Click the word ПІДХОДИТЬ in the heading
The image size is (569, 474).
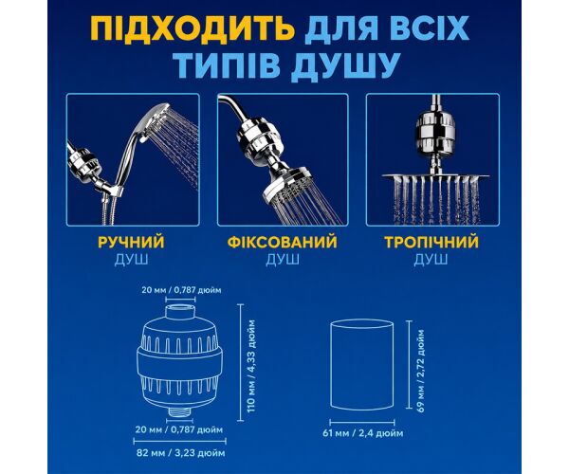pyautogui.click(x=192, y=28)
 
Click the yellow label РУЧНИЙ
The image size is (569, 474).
pyautogui.click(x=131, y=242)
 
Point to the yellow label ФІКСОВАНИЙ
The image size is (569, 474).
pyautogui.click(x=283, y=242)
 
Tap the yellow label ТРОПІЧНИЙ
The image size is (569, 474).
pyautogui.click(x=431, y=242)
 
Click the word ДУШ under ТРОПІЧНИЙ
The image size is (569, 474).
pyautogui.click(x=431, y=260)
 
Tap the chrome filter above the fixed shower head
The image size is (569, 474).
pyautogui.click(x=255, y=137)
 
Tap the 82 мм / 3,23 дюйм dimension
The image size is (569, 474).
pyautogui.click(x=181, y=453)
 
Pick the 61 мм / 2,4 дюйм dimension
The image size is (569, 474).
pyautogui.click(x=363, y=433)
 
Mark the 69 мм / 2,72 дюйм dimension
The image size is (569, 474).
pyautogui.click(x=421, y=371)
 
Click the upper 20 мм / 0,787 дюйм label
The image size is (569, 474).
pyautogui.click(x=181, y=290)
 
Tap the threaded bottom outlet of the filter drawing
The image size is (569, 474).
pyautogui.click(x=181, y=411)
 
